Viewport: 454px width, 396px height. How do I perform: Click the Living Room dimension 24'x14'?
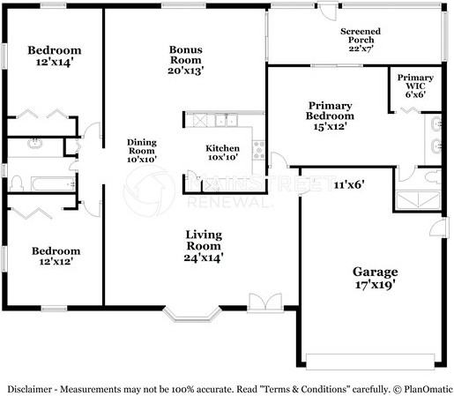[204, 258]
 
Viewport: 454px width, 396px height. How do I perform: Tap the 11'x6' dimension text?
[349, 185]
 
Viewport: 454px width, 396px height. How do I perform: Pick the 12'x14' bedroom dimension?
[55, 63]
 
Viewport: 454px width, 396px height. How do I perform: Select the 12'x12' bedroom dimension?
[56, 261]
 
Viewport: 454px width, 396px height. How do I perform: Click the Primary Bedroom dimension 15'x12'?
[330, 126]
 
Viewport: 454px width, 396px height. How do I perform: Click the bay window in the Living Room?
[192, 314]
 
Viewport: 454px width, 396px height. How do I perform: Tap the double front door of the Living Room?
[265, 303]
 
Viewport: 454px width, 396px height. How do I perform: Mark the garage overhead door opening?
[370, 362]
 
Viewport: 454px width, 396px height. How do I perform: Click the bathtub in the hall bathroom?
[53, 183]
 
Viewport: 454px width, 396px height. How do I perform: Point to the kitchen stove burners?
[259, 150]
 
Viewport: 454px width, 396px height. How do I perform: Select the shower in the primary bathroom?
[418, 200]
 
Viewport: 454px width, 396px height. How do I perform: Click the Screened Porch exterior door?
[328, 11]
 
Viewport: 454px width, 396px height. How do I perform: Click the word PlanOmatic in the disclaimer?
[428, 389]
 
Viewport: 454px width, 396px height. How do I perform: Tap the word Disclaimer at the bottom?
[29, 389]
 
